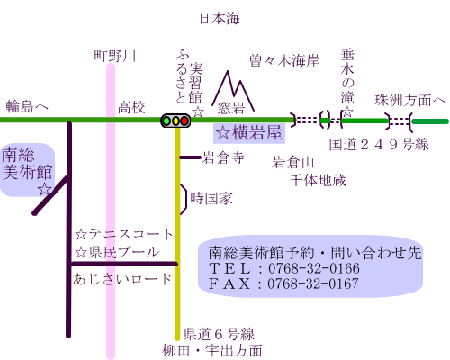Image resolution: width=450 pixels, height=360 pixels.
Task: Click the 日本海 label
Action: coord(220,19)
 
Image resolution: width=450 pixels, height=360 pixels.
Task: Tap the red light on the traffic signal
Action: coord(184,121)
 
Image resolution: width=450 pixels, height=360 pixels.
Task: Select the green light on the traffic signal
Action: coord(166,121)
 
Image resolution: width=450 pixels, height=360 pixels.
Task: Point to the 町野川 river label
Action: coord(115,56)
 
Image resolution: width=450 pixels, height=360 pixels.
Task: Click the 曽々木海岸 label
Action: coord(284,61)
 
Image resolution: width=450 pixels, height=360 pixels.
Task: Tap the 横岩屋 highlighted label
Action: coord(249,132)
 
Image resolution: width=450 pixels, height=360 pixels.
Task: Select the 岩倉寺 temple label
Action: coord(223,157)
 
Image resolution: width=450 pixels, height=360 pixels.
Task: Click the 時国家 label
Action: coord(211,199)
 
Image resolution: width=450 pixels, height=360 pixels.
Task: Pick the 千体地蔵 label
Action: coord(318,180)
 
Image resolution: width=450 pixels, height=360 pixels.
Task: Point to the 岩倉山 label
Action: coord(293,163)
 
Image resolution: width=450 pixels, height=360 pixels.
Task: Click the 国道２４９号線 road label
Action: coord(379,145)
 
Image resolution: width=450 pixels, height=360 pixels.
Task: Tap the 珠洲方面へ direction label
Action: coord(410,101)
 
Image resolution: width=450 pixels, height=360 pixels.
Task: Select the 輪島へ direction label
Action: coord(27,106)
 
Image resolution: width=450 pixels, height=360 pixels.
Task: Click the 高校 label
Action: coord(131,108)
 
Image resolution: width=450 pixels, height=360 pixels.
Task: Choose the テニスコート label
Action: coord(130,234)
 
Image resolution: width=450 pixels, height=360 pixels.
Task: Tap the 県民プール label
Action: coord(124,252)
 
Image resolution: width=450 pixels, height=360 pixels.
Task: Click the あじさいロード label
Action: coord(122,279)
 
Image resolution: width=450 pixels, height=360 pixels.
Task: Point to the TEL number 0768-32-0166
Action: coord(314,268)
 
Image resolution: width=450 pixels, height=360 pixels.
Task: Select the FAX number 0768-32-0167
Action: coord(313,283)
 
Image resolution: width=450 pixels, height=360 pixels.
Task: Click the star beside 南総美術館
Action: coord(45,189)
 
